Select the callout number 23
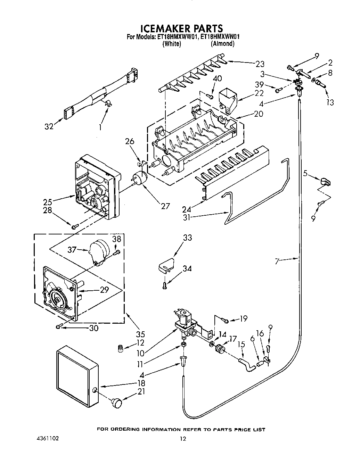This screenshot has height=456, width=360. coord(260,64)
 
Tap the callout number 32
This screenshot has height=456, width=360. coord(49,126)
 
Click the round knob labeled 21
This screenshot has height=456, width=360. coord(117,403)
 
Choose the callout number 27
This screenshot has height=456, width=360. coord(165,206)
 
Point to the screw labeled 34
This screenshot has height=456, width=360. coord(165,285)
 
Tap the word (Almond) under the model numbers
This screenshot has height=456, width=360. coord(222,44)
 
